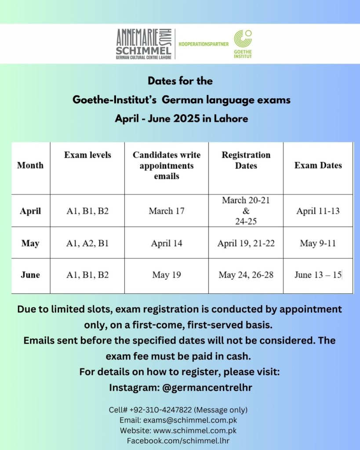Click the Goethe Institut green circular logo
click(243, 39)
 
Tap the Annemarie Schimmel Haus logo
click(144, 44)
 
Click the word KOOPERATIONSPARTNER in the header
click(204, 44)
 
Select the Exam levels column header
click(87, 155)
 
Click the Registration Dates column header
click(246, 160)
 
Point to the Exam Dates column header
click(318, 166)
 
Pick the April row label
click(30, 211)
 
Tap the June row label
click(30, 275)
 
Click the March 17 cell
click(167, 211)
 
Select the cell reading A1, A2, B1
click(87, 243)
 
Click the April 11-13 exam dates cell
click(318, 211)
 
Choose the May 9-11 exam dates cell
click(318, 243)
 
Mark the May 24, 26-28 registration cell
click(246, 275)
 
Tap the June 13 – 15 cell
click(318, 275)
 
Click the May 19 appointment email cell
click(167, 275)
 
